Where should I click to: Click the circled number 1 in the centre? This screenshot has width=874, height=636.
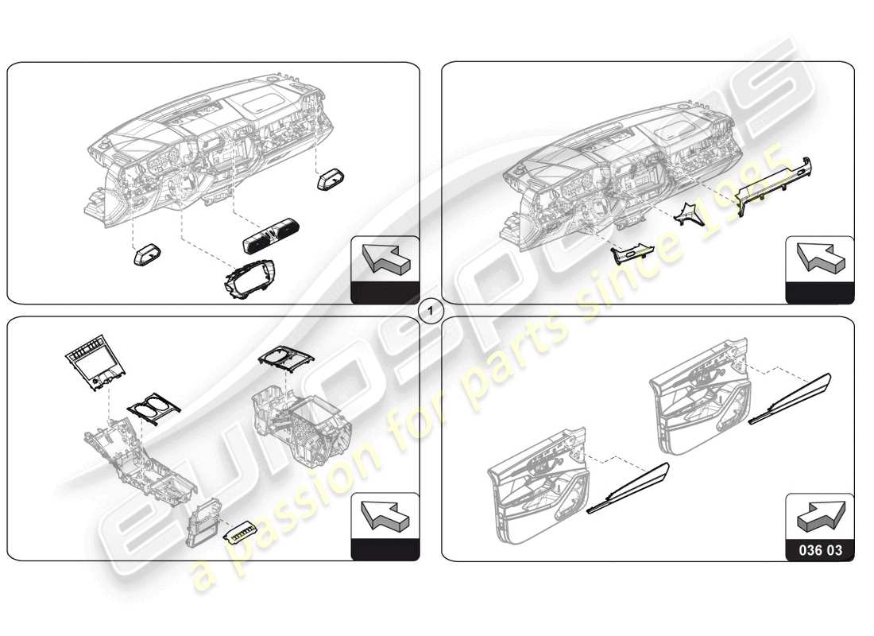430,311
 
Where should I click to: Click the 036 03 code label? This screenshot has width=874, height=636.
820,549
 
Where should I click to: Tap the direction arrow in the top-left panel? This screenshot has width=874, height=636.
385,259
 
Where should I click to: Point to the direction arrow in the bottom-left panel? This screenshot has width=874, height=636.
385,515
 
